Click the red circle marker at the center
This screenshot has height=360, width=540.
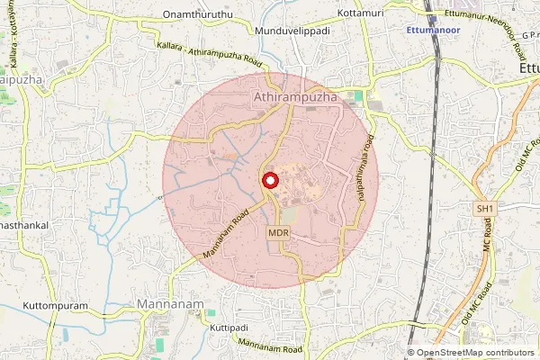click(270, 180)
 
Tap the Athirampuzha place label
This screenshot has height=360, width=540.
click(295, 94)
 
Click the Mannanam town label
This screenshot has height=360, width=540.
click(171, 305)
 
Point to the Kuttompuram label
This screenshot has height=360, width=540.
click(56, 306)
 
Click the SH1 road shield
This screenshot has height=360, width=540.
click(485, 209)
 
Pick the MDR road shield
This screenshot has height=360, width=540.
click(278, 233)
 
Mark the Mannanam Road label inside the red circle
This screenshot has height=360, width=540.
click(224, 233)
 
